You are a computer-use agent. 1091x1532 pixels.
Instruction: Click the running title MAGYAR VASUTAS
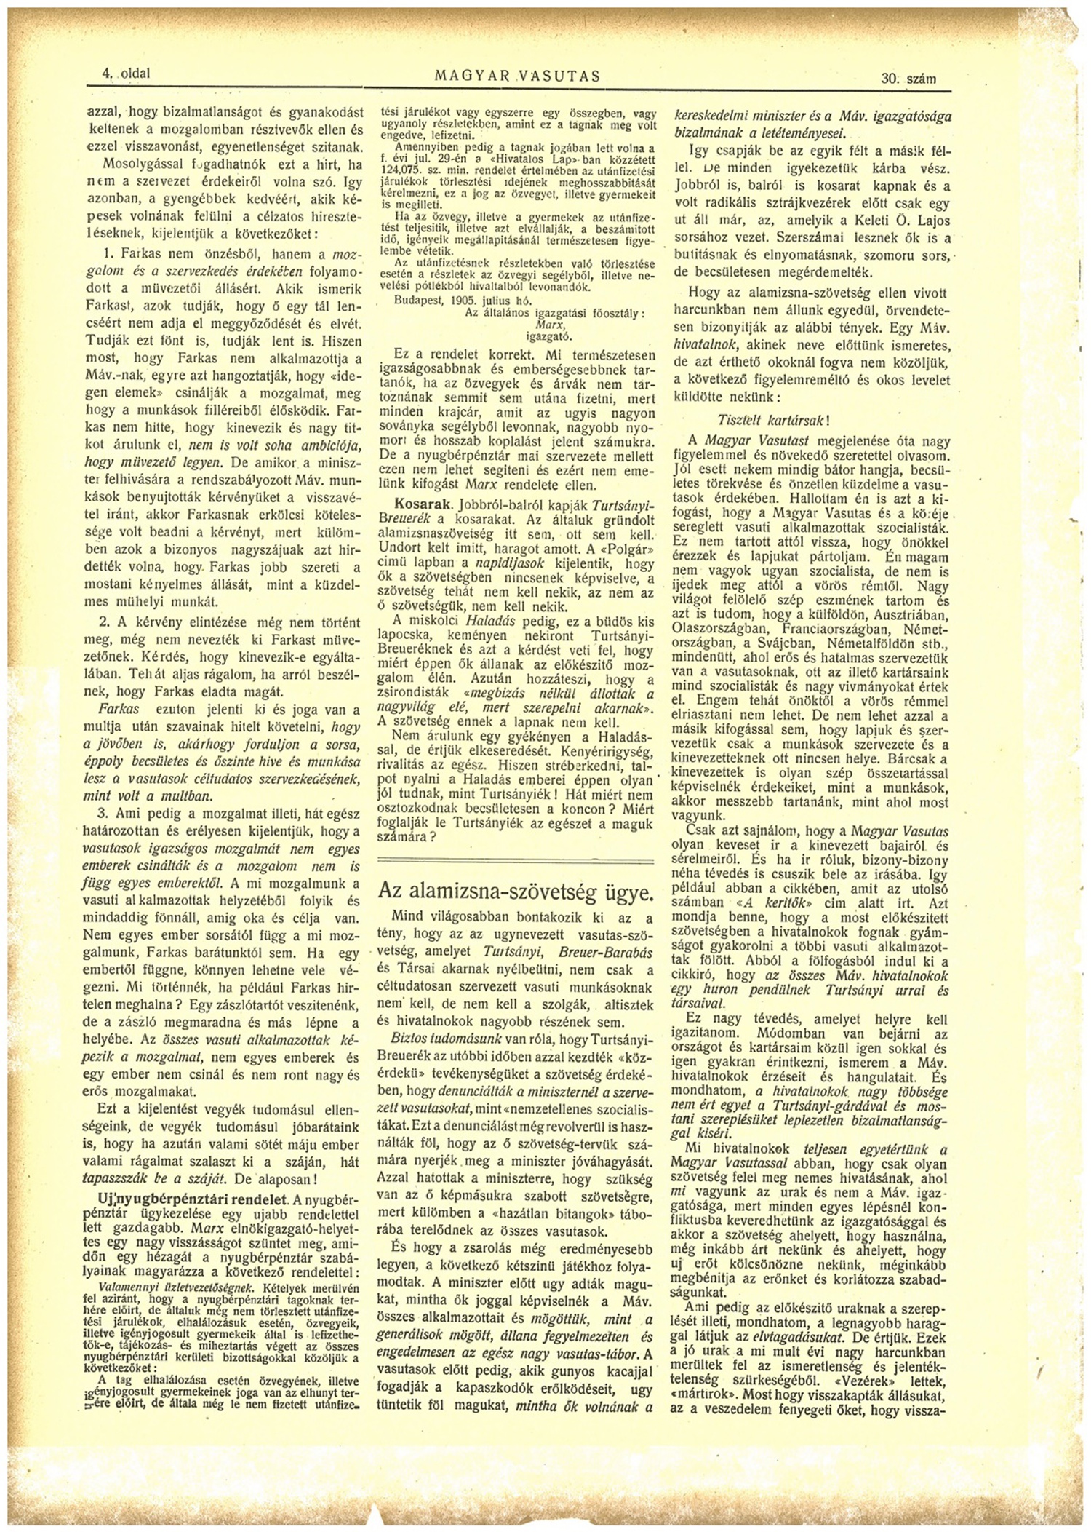tap(517, 76)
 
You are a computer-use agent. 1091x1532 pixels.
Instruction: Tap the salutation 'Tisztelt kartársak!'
tap(772, 421)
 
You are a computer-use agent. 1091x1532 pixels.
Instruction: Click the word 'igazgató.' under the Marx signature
tap(548, 336)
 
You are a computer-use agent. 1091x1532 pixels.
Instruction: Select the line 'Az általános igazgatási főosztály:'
tap(554, 312)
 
